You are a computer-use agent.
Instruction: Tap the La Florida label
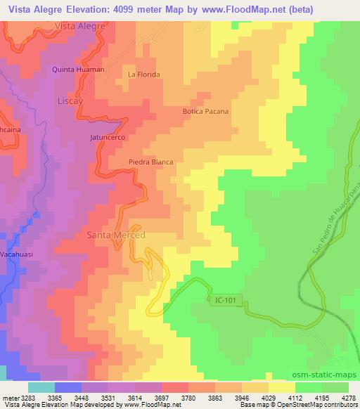click(144, 74)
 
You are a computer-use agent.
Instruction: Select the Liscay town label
click(70, 100)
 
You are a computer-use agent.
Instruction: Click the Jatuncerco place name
click(107, 138)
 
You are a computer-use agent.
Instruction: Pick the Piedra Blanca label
click(150, 162)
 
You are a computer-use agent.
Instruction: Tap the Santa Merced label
click(115, 235)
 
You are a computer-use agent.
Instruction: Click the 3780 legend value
click(188, 397)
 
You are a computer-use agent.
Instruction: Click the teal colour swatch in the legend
click(41, 387)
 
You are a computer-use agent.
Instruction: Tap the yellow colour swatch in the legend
click(282, 387)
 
